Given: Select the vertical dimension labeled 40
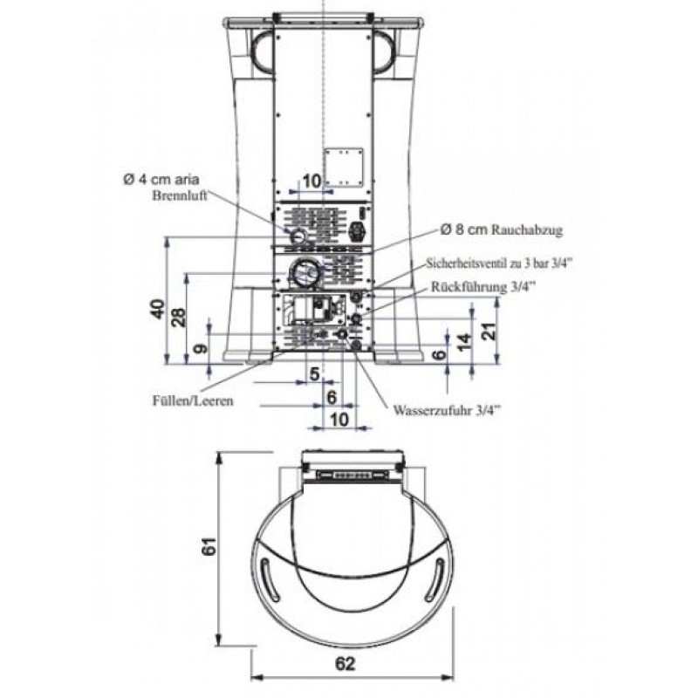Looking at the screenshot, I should point(157,310).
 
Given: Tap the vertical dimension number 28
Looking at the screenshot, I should point(179,317).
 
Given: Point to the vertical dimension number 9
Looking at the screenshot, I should point(202,349).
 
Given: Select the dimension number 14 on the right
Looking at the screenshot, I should point(462,339).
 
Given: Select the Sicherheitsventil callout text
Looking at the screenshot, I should point(499,262).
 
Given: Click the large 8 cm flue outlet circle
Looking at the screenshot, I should point(305,274).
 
